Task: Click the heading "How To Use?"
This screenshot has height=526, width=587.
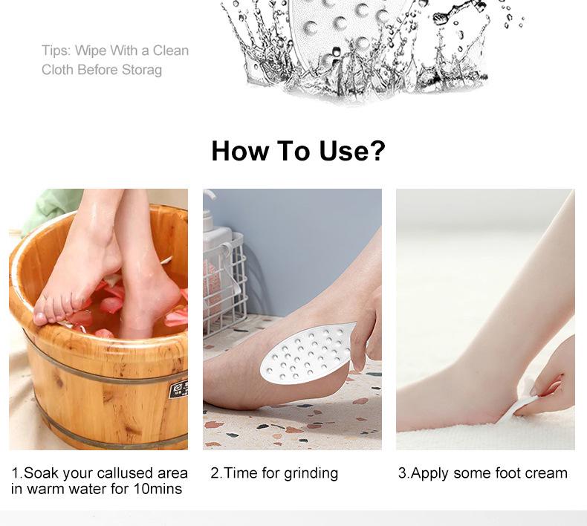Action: tap(298, 151)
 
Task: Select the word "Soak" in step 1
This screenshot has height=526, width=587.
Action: tap(41, 473)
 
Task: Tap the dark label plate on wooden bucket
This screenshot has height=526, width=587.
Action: tap(178, 388)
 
